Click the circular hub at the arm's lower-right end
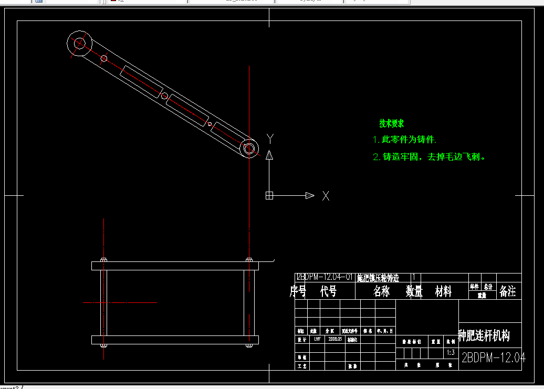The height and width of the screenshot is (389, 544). click(x=250, y=149)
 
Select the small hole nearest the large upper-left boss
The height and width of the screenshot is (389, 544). click(x=104, y=58)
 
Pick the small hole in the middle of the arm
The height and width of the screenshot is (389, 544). click(x=164, y=96)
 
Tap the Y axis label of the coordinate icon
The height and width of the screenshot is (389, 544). click(x=270, y=139)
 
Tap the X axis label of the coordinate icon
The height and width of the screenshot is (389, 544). click(x=326, y=196)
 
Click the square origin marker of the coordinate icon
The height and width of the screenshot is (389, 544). click(x=269, y=196)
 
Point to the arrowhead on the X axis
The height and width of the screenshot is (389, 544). click(x=310, y=196)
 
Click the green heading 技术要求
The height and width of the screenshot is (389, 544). click(x=392, y=124)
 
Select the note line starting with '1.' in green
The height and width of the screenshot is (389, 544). click(x=404, y=140)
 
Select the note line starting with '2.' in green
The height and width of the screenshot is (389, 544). click(x=428, y=156)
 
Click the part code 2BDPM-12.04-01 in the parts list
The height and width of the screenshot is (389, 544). click(x=324, y=278)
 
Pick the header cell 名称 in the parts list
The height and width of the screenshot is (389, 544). click(x=382, y=292)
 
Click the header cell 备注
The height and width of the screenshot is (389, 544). click(x=508, y=291)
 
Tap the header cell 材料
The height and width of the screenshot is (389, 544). click(x=444, y=292)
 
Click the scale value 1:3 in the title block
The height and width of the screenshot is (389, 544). click(x=450, y=353)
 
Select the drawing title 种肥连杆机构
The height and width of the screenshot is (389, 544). click(x=484, y=335)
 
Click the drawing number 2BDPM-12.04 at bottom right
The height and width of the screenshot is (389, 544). click(x=493, y=358)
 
